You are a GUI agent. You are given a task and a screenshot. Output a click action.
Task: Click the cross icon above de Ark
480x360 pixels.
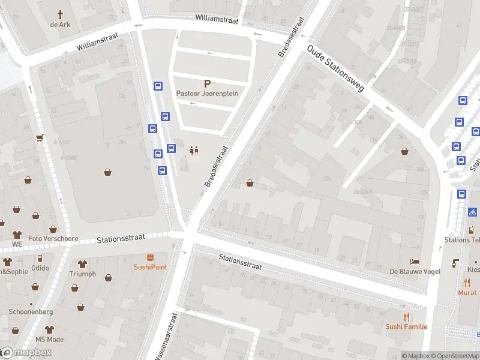point(61,14)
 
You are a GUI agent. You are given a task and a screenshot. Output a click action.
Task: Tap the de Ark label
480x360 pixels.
point(61,25)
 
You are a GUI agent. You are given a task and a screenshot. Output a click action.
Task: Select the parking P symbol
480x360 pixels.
point(208,84)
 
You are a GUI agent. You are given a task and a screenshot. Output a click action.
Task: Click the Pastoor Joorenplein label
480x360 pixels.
point(208,94)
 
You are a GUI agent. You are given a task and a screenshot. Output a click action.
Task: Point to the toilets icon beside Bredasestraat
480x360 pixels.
point(194,151)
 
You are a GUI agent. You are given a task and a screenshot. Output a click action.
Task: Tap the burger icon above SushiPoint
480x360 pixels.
point(150,257)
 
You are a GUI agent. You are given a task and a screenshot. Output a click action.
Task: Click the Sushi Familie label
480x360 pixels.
point(406,326)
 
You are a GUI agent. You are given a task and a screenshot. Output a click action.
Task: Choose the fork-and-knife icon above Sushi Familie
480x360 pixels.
point(406,317)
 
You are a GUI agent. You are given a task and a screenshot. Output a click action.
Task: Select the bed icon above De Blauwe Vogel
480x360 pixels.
point(415,262)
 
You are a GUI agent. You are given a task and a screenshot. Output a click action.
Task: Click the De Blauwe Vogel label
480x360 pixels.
point(415,271)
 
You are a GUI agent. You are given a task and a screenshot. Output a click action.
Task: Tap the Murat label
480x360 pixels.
point(467,292)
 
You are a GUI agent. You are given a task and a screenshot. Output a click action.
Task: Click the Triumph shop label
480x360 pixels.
point(82,274)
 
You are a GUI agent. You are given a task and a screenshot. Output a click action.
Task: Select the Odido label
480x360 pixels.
point(40,268)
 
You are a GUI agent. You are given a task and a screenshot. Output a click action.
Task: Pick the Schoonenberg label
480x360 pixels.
point(31,312)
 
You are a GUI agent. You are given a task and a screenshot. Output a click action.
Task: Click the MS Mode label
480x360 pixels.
point(49,340)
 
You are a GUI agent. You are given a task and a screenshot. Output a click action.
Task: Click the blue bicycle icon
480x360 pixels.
point(473,212)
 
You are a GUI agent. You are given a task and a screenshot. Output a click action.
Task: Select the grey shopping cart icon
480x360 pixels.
point(40,138)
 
